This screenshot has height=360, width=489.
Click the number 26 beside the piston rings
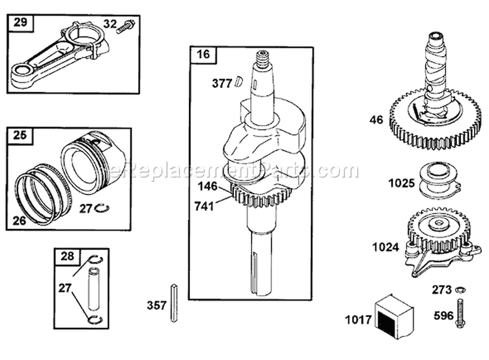tap(20, 220)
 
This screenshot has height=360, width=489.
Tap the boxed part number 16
tap(202, 54)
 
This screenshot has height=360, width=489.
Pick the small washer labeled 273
tap(459, 288)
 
